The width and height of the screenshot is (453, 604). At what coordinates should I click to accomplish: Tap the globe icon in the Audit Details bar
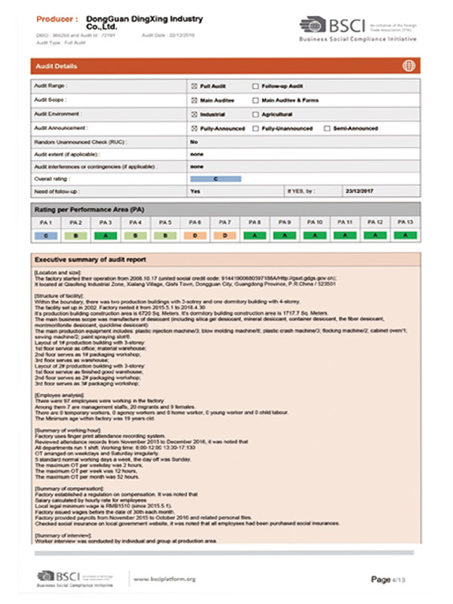pyautogui.click(x=408, y=66)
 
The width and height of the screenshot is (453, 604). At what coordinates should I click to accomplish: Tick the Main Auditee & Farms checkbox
pyautogui.click(x=255, y=100)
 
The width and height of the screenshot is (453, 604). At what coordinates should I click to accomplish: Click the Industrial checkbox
pyautogui.click(x=194, y=114)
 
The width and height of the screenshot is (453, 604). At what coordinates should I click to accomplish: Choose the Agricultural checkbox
pyautogui.click(x=255, y=114)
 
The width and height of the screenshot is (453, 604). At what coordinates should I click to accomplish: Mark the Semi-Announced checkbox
pyautogui.click(x=326, y=128)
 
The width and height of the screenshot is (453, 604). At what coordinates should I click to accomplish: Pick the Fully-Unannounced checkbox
pyautogui.click(x=255, y=128)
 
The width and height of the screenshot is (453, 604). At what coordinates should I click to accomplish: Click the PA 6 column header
pyautogui.click(x=195, y=223)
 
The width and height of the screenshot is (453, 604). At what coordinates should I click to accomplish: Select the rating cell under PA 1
pyautogui.click(x=46, y=236)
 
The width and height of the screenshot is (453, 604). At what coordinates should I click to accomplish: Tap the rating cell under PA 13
pyautogui.click(x=405, y=236)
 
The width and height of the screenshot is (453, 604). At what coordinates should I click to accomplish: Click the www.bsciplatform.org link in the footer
pyautogui.click(x=165, y=579)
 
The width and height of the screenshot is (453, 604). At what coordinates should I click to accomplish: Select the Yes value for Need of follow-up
pyautogui.click(x=196, y=192)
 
